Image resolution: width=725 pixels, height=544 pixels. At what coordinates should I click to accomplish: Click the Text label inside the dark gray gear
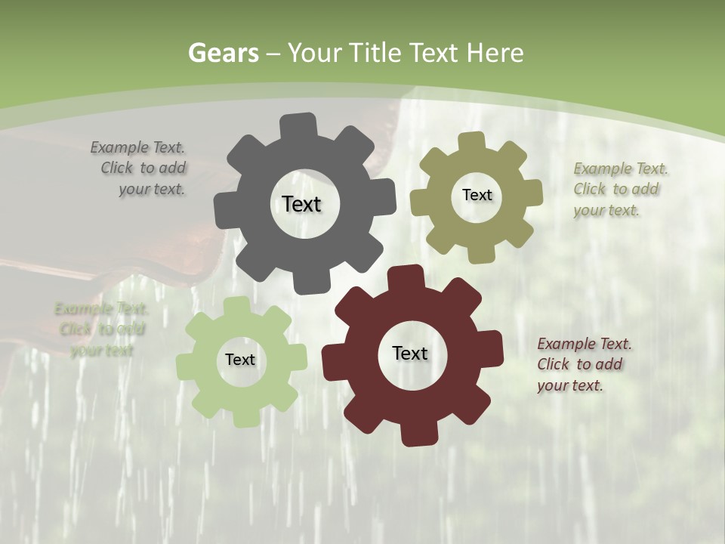(x=301, y=204)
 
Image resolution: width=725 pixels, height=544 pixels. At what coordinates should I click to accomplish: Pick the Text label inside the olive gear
(x=477, y=195)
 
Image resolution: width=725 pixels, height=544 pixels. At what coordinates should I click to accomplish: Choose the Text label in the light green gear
(x=240, y=360)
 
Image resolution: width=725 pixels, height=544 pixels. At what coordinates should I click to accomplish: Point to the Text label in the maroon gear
(x=410, y=353)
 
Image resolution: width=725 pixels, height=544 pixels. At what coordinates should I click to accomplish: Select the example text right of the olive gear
(x=620, y=189)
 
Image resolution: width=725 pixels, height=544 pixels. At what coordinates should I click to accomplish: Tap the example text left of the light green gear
(x=101, y=329)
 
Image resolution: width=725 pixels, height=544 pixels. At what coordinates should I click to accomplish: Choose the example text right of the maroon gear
(x=584, y=364)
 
